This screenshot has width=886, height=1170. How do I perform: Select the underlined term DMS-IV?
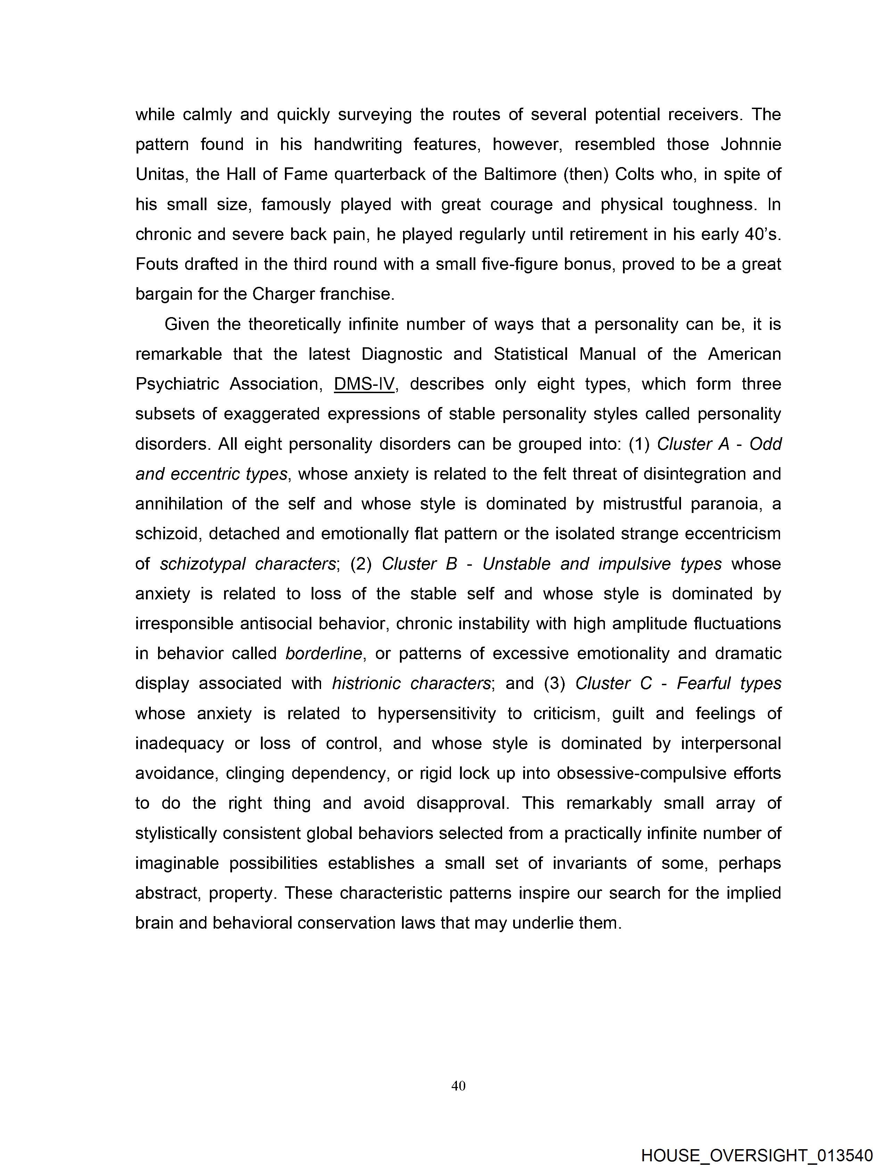tap(364, 384)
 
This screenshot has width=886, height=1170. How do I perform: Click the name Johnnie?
tap(750, 144)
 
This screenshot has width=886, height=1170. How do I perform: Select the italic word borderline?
tap(323, 654)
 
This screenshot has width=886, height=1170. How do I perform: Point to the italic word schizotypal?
tap(203, 564)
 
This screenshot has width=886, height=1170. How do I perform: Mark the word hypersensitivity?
tap(437, 714)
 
